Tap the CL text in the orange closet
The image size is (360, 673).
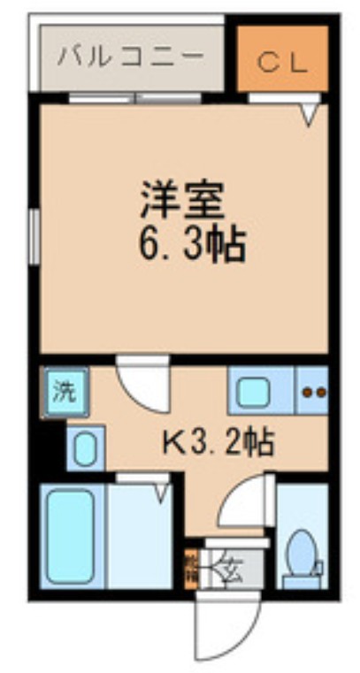point(282,62)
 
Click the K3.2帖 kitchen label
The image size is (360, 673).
point(218,440)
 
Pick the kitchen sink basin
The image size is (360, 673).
point(252,392)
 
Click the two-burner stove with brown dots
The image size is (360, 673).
point(313,392)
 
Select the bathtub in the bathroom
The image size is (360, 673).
point(71,536)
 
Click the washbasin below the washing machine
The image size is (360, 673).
point(86,449)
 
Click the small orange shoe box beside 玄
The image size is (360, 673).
point(189,566)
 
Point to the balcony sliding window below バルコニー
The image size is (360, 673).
point(137,98)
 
